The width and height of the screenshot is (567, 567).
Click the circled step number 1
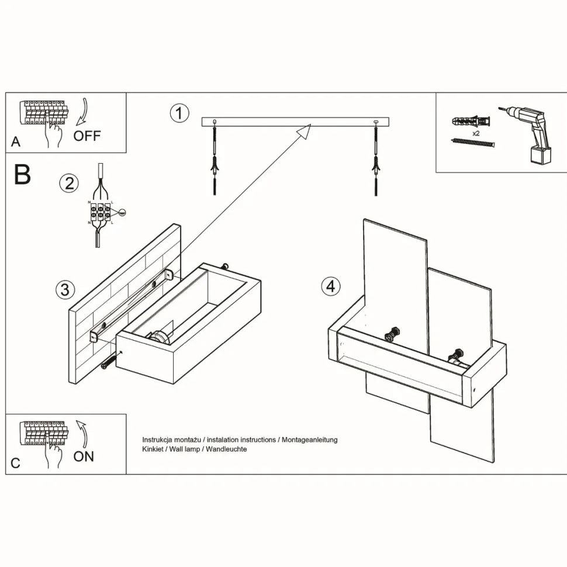179,113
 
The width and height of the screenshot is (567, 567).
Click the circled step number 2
69,183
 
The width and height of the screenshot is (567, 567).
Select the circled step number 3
65,289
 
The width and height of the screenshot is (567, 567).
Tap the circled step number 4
331,286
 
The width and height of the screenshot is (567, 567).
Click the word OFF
87,136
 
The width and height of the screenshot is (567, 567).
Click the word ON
84,457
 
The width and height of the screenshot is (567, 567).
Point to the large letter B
22,175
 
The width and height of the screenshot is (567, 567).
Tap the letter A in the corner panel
16,142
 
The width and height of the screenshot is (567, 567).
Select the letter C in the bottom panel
16,463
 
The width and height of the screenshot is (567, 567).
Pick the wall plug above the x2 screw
471,122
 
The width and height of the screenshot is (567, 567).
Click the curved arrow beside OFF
81,113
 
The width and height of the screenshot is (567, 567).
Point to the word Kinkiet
154,449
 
